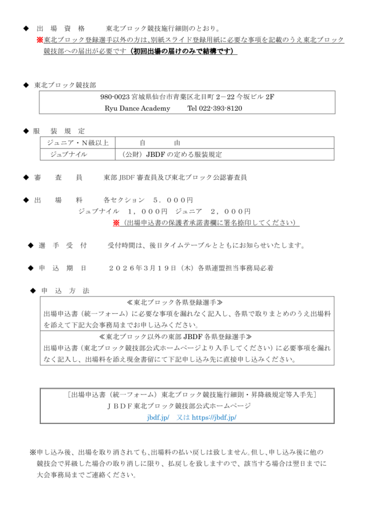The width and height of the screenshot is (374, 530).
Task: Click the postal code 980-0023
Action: coord(115,97)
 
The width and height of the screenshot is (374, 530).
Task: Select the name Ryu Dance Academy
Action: coord(130,108)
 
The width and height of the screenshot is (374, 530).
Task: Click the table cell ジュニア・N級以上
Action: coord(77,142)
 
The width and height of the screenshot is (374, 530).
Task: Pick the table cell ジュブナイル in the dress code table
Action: coord(68,154)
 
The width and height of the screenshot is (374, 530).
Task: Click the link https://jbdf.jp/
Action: coord(214,417)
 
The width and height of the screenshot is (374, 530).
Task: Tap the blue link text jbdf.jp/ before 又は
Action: coord(158,417)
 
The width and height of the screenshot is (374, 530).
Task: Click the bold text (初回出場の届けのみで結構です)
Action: coord(182,51)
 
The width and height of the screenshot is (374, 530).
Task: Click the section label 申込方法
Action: coord(65,291)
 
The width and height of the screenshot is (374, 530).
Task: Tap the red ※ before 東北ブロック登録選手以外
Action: coord(39,40)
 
